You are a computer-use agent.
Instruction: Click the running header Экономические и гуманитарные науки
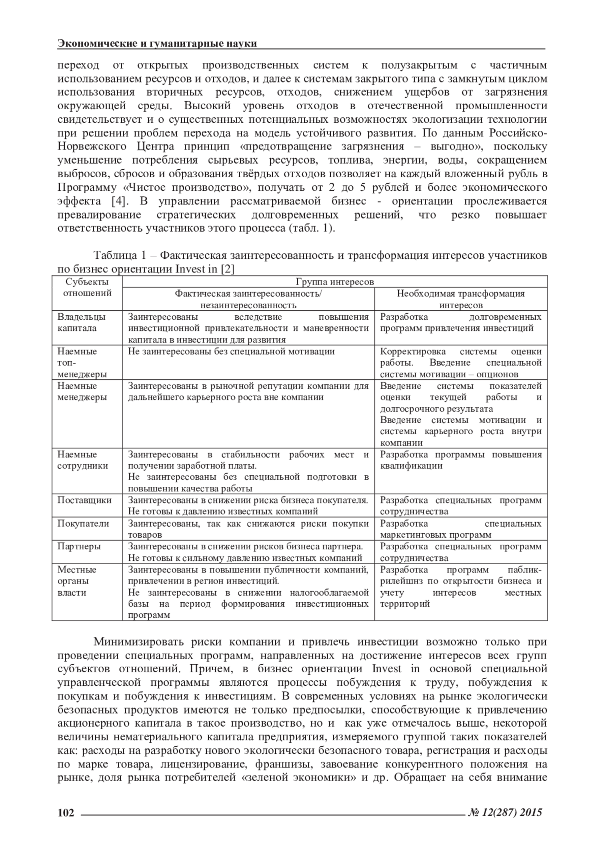[x=157, y=43]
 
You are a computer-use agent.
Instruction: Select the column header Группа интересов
[x=335, y=282]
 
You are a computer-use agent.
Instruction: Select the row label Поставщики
[x=85, y=500]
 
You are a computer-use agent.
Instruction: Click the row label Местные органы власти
[x=77, y=581]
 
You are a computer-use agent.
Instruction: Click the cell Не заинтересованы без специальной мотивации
[x=231, y=351]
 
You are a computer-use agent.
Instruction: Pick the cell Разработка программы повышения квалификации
[x=461, y=460]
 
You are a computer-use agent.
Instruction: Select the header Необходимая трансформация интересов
[x=461, y=299]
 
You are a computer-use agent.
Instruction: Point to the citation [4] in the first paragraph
[x=119, y=201]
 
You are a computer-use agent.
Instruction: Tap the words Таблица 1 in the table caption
[x=119, y=255]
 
